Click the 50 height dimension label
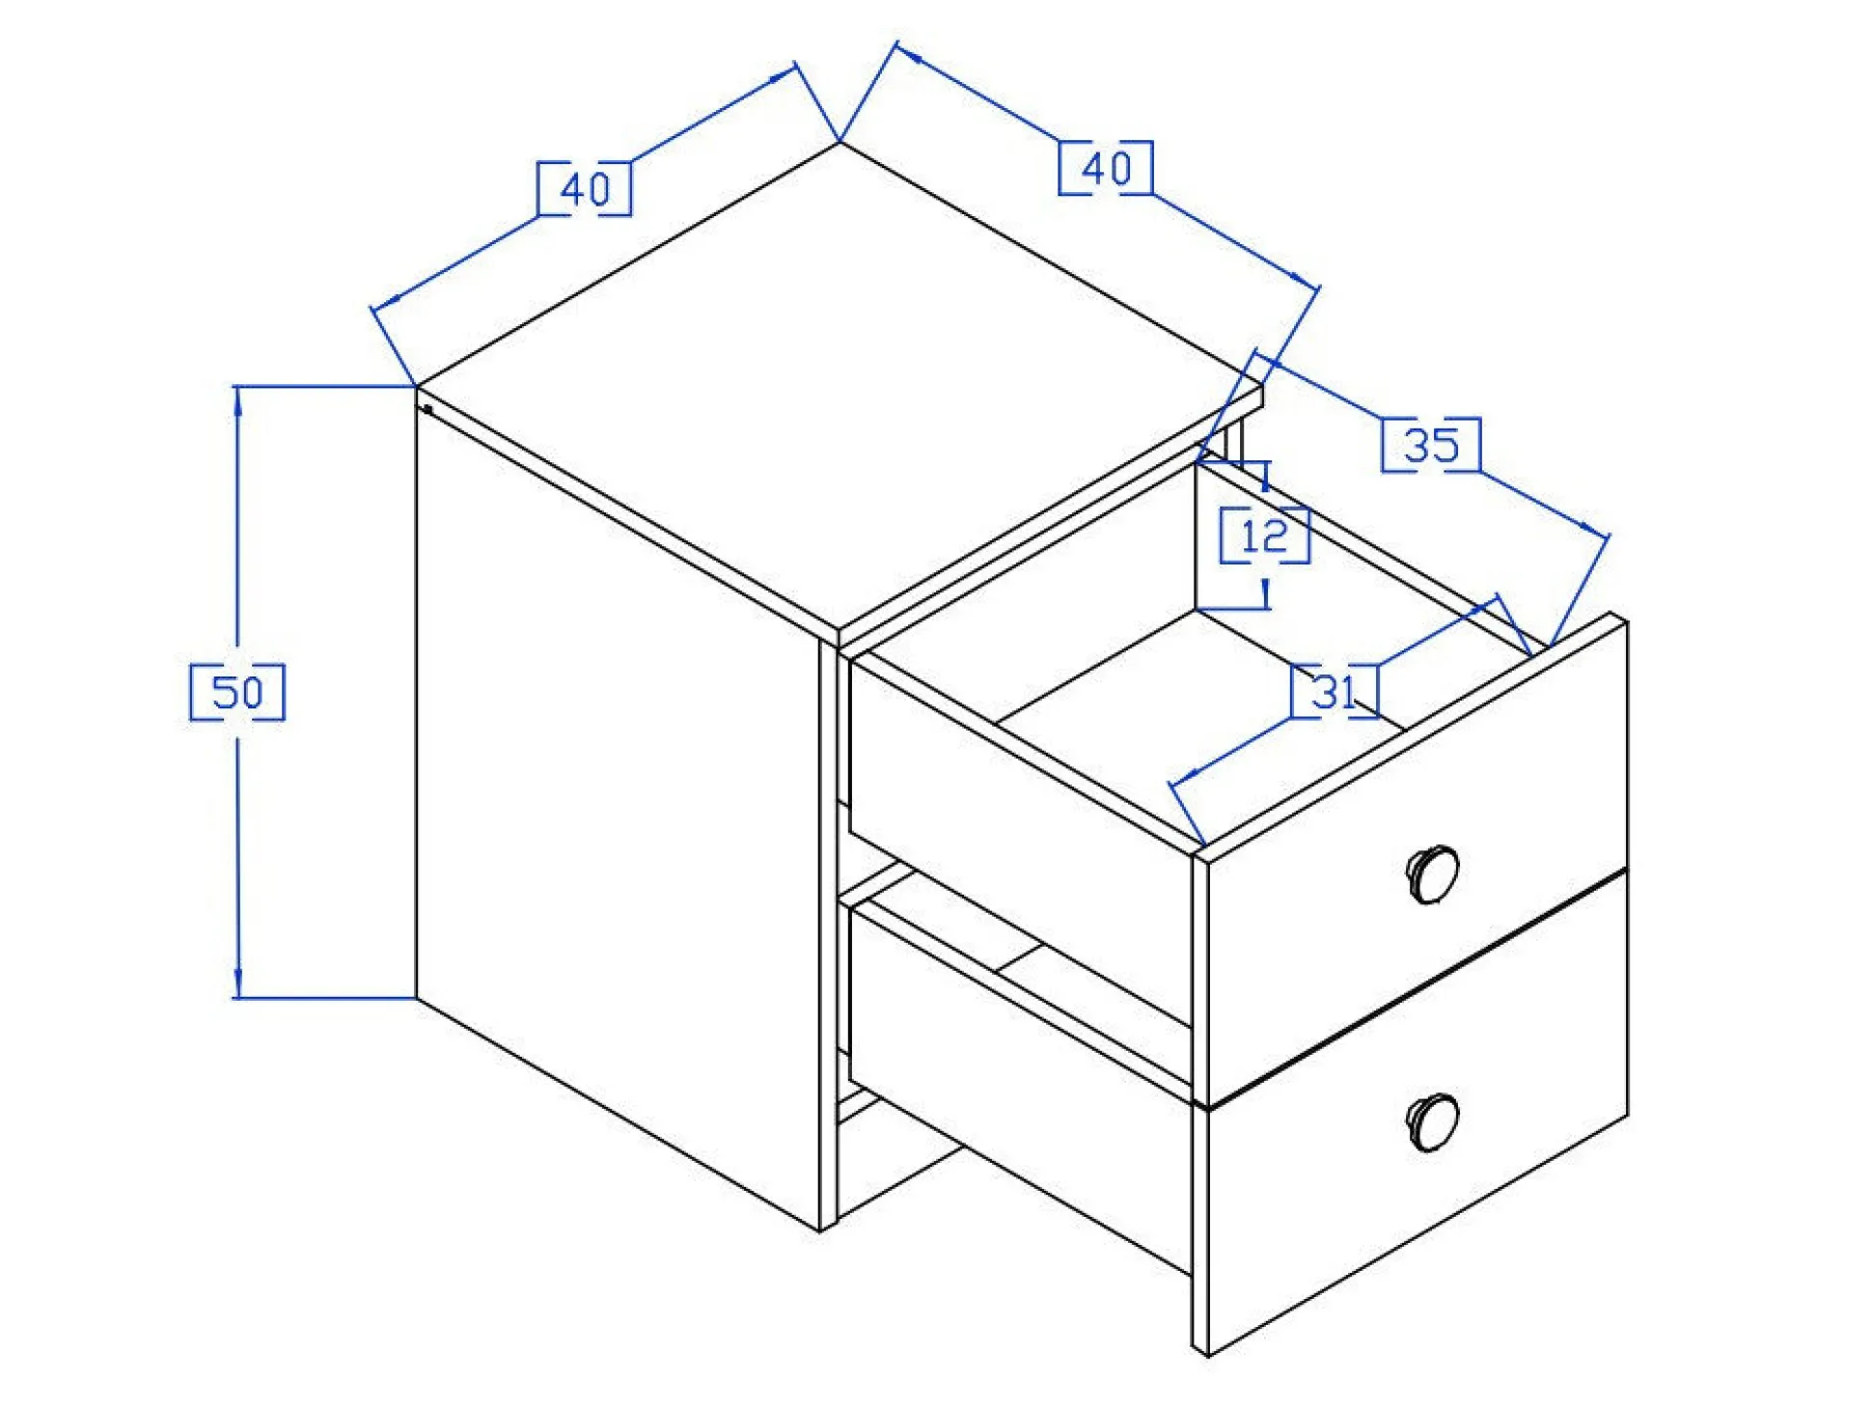click(x=236, y=692)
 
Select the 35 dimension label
click(x=1431, y=445)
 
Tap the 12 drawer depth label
click(x=1264, y=536)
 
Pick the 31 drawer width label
click(x=1335, y=691)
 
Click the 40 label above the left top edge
click(x=585, y=189)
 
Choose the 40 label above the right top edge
click(x=1106, y=168)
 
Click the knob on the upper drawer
click(x=1432, y=873)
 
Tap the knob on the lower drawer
click(x=1432, y=1121)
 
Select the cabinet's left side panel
click(x=618, y=820)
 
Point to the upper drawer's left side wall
click(x=1020, y=840)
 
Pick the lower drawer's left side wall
click(x=1020, y=1090)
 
